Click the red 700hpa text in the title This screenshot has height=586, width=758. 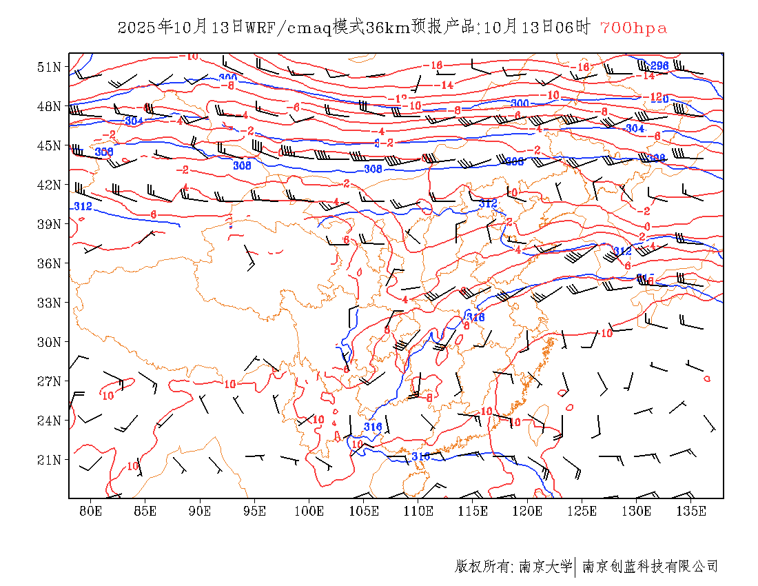tap(633, 28)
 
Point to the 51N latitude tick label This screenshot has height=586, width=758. tap(50, 67)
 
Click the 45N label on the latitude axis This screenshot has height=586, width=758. tap(50, 145)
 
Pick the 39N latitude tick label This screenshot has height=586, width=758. tap(50, 224)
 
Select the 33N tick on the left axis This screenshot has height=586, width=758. tap(50, 303)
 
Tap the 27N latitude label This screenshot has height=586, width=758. tap(50, 381)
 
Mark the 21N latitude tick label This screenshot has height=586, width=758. tap(50, 460)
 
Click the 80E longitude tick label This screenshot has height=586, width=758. tap(91, 511)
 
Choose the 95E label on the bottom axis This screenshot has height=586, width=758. tap(255, 511)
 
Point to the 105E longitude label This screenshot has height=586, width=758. tap(364, 511)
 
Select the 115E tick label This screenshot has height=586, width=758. tap(473, 511)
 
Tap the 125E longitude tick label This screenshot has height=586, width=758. tap(582, 511)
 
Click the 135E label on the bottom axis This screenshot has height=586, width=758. tap(691, 511)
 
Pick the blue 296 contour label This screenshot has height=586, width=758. tap(659, 66)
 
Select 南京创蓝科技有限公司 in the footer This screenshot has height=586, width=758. tap(651, 567)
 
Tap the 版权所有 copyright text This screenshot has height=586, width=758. tap(482, 567)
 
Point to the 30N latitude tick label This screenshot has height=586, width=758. tap(50, 342)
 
